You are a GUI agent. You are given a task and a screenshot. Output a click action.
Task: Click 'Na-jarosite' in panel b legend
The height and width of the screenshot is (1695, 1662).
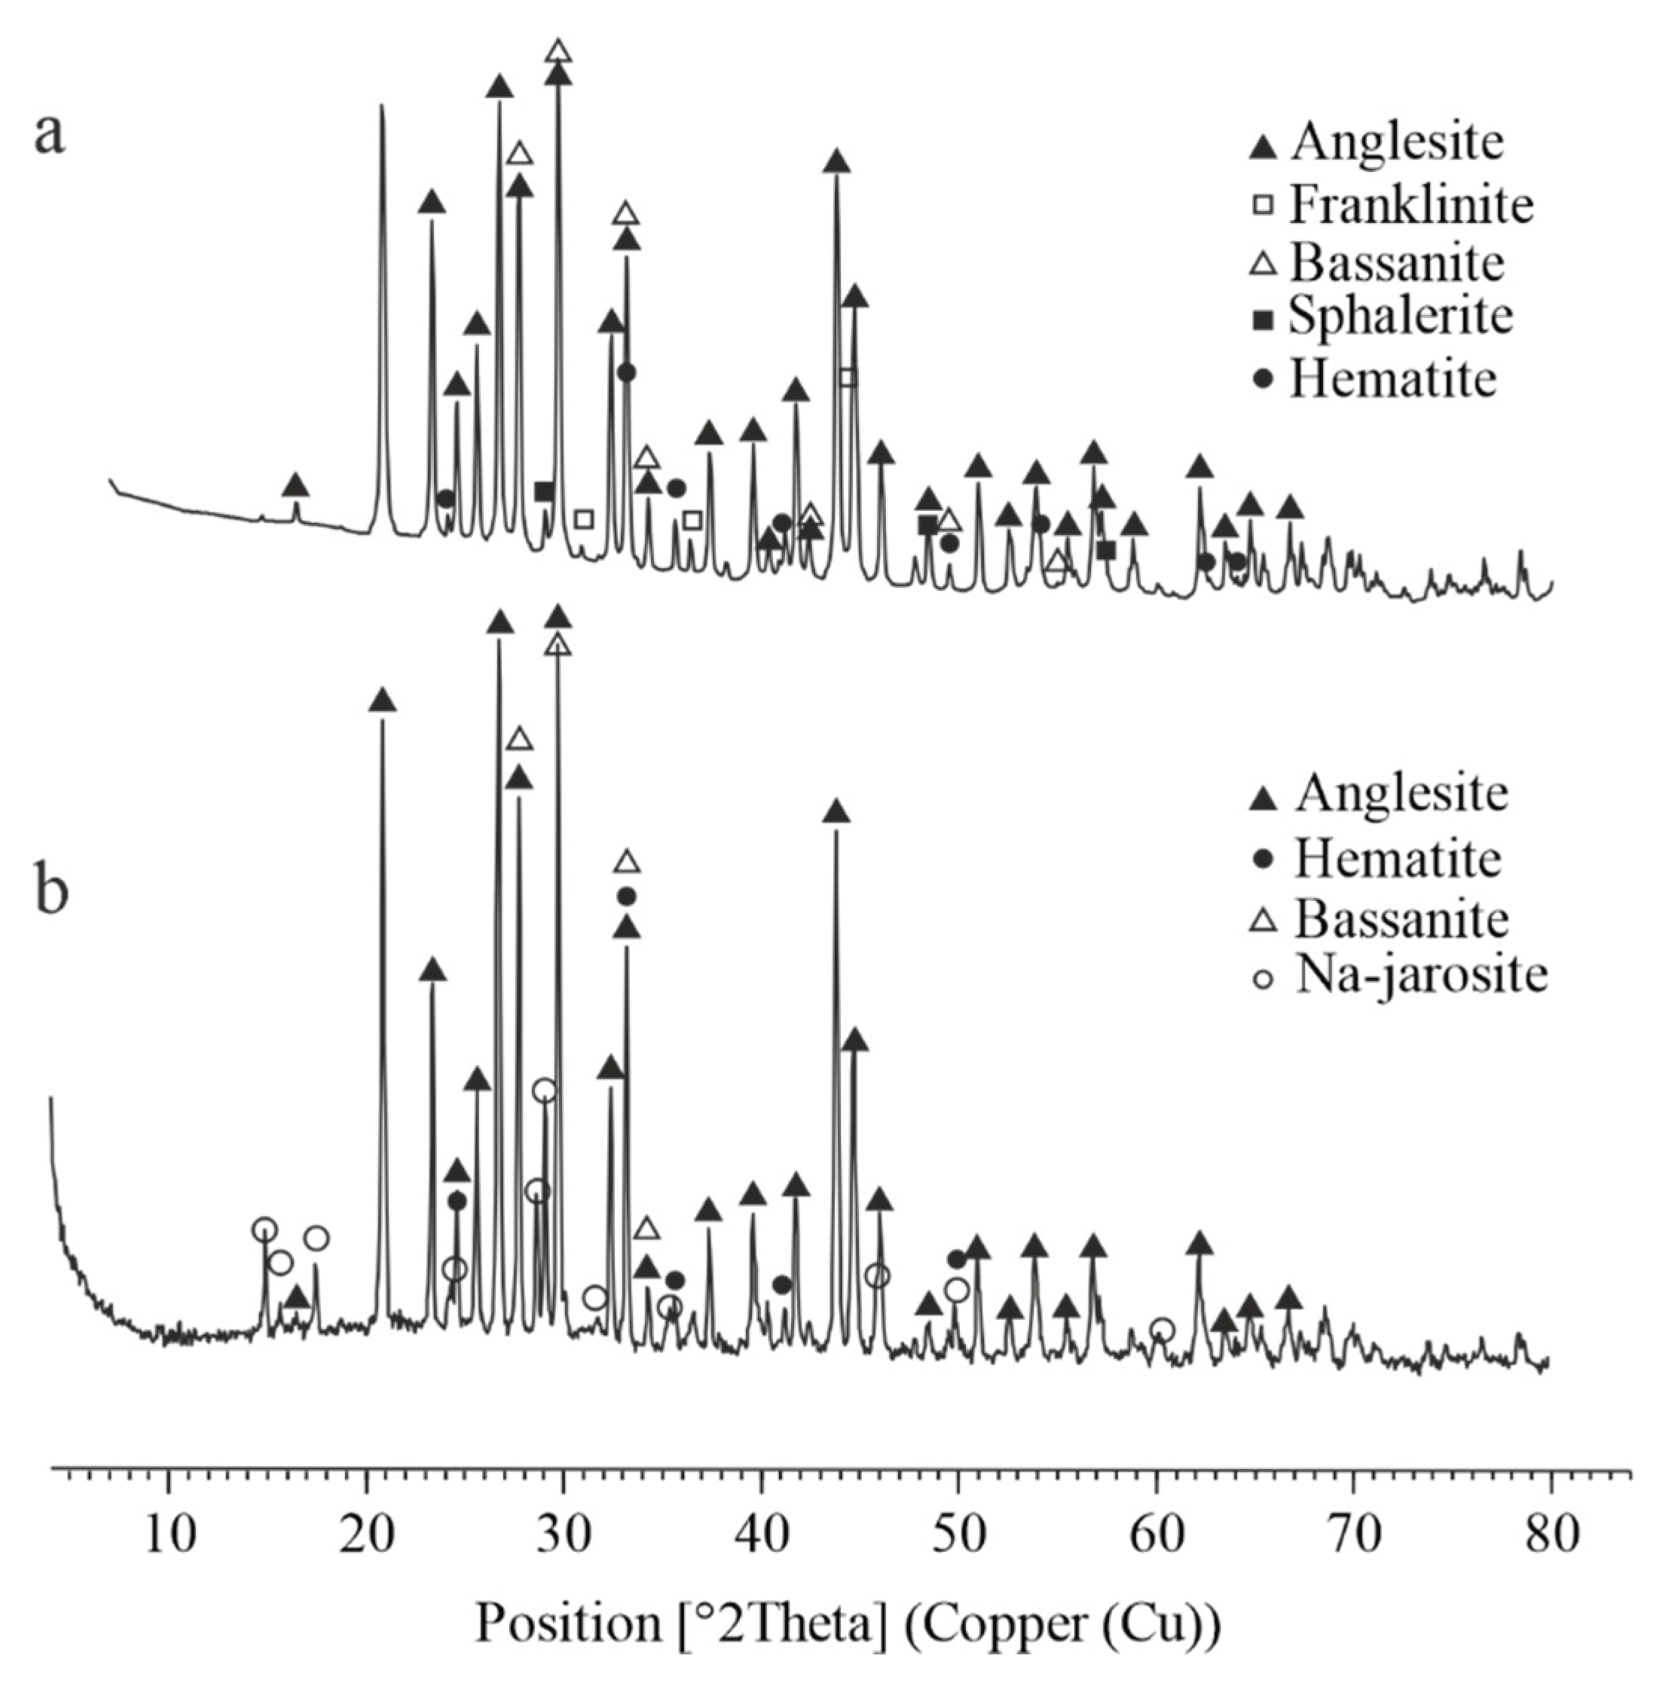coord(1421,976)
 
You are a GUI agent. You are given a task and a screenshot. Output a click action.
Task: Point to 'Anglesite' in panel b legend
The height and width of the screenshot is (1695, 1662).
coord(1402,793)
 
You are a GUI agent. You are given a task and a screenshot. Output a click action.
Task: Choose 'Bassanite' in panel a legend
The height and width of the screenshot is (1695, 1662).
coord(1398,262)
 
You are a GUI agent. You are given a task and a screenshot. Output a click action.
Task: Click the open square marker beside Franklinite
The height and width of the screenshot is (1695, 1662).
coord(1263,206)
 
